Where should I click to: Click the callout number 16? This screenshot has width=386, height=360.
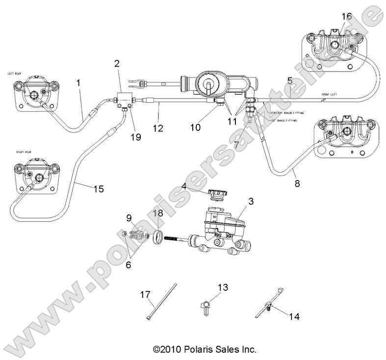(346, 16)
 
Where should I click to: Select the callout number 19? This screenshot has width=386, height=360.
(136, 137)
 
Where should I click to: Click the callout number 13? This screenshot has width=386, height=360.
(223, 288)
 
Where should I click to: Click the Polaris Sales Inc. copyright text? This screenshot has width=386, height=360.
(204, 350)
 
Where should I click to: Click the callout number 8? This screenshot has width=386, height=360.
(297, 184)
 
